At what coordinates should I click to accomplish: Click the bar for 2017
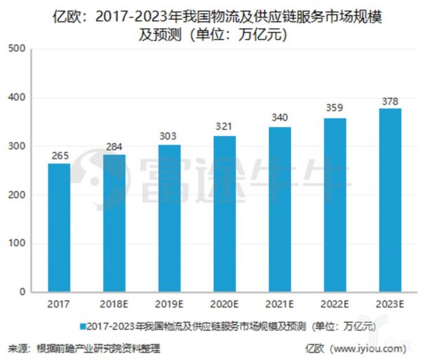point(59,227)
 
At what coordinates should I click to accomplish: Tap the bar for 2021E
point(280,209)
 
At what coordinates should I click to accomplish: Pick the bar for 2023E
point(389,200)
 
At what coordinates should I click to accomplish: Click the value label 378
point(389,100)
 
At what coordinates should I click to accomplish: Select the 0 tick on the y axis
point(22,292)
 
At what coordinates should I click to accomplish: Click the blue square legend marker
point(83,326)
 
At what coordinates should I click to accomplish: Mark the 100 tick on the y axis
point(17,244)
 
